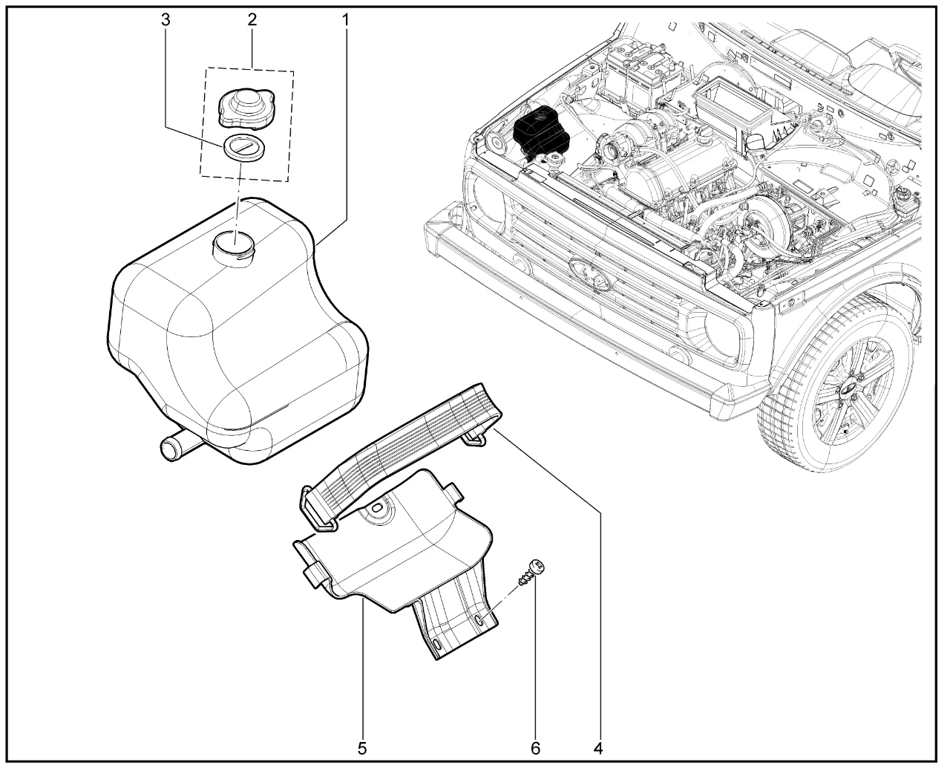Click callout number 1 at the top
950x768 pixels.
(346, 19)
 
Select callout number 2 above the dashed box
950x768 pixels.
(252, 19)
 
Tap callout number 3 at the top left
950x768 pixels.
(165, 19)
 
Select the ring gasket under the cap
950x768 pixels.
(245, 146)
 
